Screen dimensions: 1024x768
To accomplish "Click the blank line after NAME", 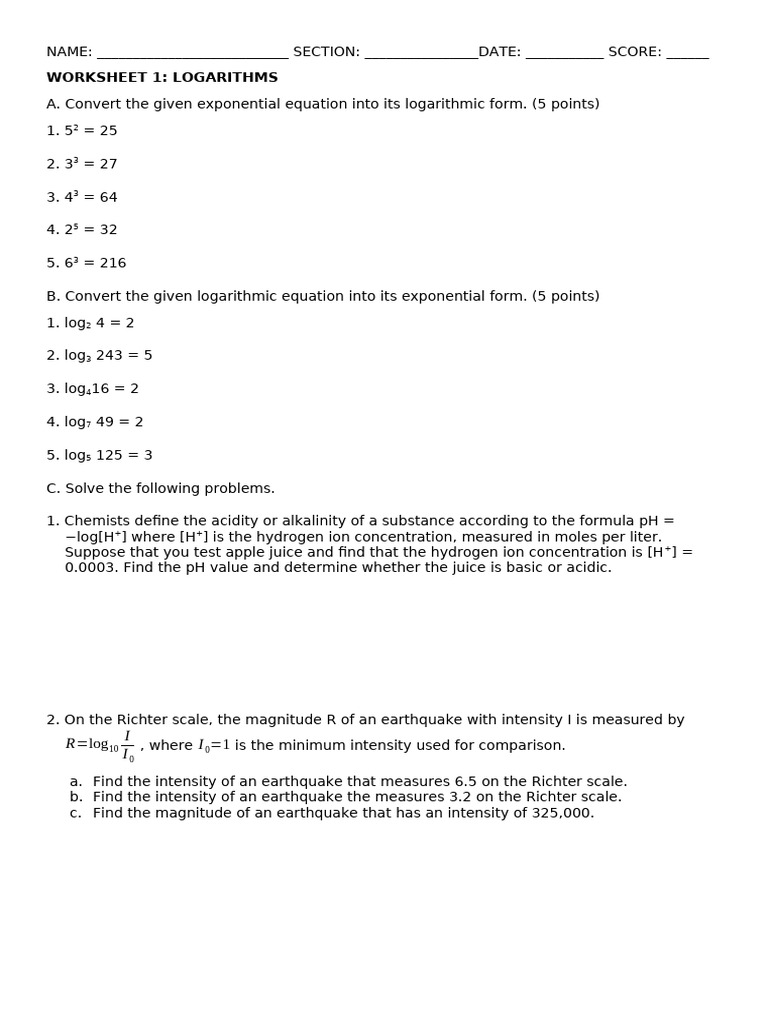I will pyautogui.click(x=192, y=54).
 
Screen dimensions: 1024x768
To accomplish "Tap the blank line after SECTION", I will pyautogui.click(x=421, y=54).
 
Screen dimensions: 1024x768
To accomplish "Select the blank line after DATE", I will pyautogui.click(x=564, y=54).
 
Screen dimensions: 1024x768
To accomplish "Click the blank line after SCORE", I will pyautogui.click(x=687, y=54).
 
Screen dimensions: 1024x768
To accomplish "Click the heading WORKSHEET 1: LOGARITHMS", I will pyautogui.click(x=162, y=78).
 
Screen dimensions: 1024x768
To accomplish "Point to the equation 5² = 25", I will pyautogui.click(x=91, y=131).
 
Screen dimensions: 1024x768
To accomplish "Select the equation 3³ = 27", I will pyautogui.click(x=91, y=164).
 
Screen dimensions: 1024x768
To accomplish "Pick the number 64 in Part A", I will pyautogui.click(x=108, y=198).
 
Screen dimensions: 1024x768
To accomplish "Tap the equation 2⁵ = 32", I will pyautogui.click(x=91, y=230).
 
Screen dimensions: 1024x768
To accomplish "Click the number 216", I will pyautogui.click(x=113, y=263).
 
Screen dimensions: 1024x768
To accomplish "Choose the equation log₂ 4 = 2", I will pyautogui.click(x=99, y=323).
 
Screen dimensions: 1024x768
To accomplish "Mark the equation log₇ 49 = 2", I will pyautogui.click(x=104, y=422).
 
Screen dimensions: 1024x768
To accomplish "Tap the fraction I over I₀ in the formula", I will pyautogui.click(x=127, y=746).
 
